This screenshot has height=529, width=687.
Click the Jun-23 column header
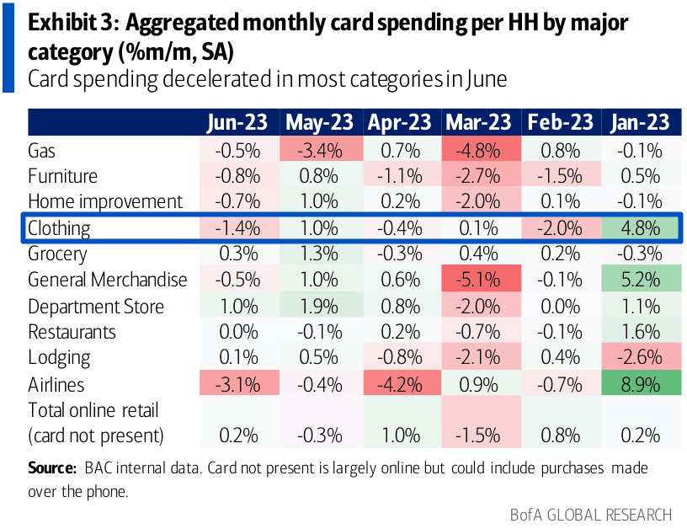pos(237,123)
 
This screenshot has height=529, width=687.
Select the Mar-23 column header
pos(478,123)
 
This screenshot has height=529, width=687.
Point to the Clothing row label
pos(58,228)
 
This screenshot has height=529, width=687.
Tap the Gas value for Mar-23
pos(478,151)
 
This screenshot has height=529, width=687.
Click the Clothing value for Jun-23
pos(237,228)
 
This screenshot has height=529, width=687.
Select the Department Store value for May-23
pos(318,307)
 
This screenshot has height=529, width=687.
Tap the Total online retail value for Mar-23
pos(478,435)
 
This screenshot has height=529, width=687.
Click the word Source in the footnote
pos(52,468)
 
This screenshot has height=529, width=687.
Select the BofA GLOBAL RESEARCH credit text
pos(590,514)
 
